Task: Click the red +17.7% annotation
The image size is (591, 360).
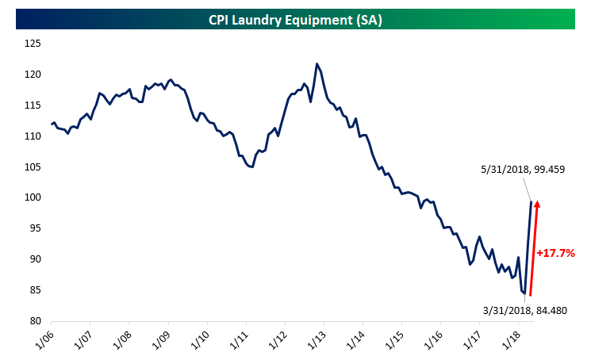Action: tap(555, 254)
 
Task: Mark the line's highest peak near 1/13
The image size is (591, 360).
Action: tap(317, 63)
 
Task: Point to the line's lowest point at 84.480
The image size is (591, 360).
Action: tap(525, 293)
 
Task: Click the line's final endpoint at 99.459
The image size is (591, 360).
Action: tap(531, 201)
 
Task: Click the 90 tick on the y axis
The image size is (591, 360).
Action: tap(33, 259)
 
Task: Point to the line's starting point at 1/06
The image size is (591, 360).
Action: tap(52, 124)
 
